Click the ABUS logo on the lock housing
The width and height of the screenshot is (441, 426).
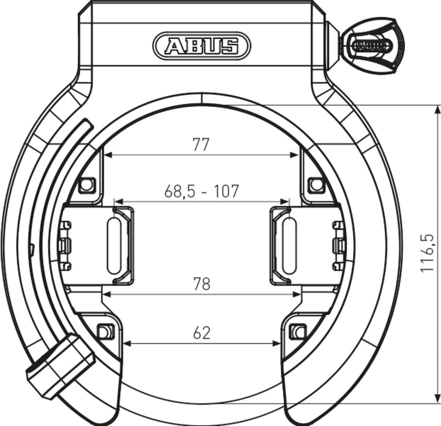point(202,45)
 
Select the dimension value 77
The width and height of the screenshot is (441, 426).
point(201,145)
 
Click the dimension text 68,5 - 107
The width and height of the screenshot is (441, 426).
point(202,191)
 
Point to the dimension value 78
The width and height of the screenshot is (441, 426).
point(202,284)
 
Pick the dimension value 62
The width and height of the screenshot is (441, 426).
point(202,333)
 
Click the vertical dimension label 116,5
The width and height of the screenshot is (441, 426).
point(427,254)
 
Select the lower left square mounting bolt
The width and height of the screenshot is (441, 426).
point(105,330)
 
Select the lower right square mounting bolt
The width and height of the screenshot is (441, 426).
point(298,330)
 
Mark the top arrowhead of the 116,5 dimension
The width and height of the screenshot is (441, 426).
point(437,108)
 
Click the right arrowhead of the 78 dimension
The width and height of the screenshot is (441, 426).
point(297,293)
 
